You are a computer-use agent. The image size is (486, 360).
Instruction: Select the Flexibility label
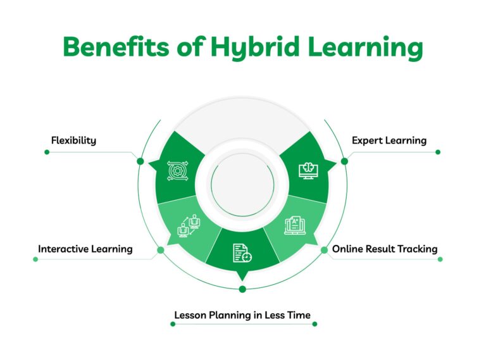73,140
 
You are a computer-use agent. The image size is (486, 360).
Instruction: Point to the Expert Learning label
389,140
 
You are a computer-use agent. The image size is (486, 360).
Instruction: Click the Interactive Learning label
85,249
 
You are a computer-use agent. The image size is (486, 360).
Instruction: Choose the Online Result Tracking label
385,249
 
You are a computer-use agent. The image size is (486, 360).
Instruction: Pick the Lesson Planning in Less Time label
243,314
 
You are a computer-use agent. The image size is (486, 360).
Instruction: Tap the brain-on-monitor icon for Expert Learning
308,170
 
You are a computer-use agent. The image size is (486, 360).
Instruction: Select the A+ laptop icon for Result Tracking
295,225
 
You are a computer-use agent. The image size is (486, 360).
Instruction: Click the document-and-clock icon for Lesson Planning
242,253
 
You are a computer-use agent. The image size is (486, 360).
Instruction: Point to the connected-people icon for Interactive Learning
189,226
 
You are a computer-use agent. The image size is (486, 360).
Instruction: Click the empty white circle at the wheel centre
242,184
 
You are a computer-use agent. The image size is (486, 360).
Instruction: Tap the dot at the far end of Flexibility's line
47,152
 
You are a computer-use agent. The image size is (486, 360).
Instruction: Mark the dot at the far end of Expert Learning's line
438,152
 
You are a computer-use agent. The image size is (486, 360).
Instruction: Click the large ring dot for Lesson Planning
242,289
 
